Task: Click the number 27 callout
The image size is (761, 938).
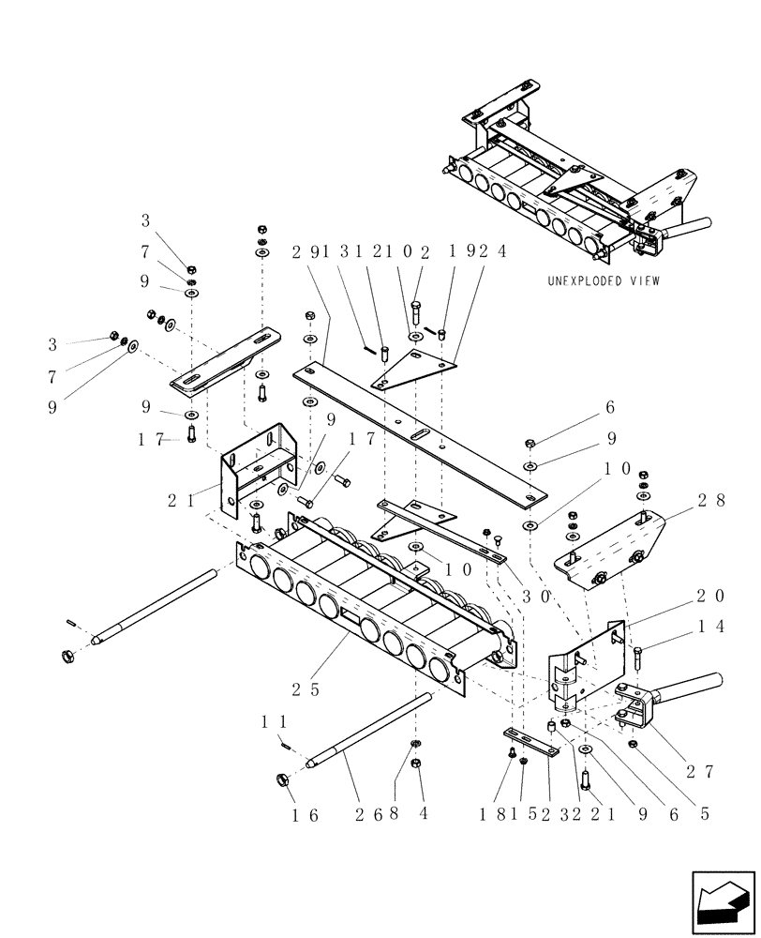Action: [x=699, y=771]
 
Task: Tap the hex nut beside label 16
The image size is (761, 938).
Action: [x=281, y=779]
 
